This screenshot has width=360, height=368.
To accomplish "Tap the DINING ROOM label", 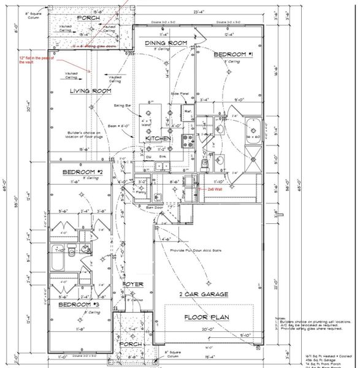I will coord(166,43).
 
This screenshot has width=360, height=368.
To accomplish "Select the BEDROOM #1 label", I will coord(233,55).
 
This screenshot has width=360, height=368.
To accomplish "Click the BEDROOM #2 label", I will coord(82,174).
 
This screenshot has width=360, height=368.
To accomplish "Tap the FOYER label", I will coord(132,285).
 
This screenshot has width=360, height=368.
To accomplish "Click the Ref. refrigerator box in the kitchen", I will coord(188,112).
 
